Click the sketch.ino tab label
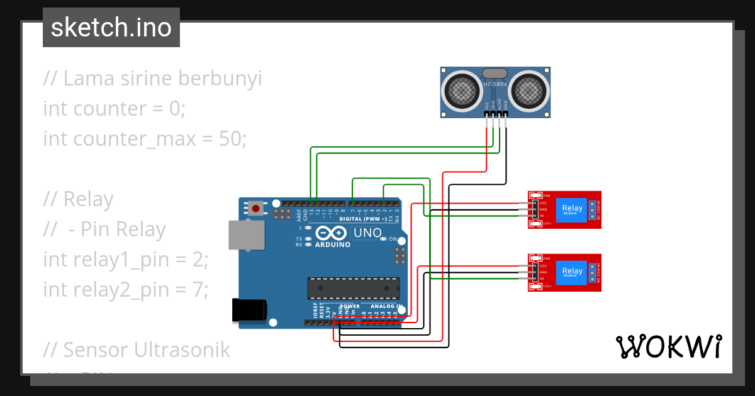tap(111, 28)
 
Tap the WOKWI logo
tap(668, 346)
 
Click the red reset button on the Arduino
tap(255, 207)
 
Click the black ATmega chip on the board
tap(352, 288)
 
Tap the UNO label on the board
tap(367, 233)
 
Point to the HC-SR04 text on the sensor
tap(495, 84)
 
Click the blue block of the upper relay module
tap(573, 209)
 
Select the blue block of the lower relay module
tap(573, 272)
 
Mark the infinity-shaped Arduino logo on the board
tap(332, 233)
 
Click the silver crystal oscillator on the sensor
tap(495, 73)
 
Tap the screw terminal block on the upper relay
tap(593, 209)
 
